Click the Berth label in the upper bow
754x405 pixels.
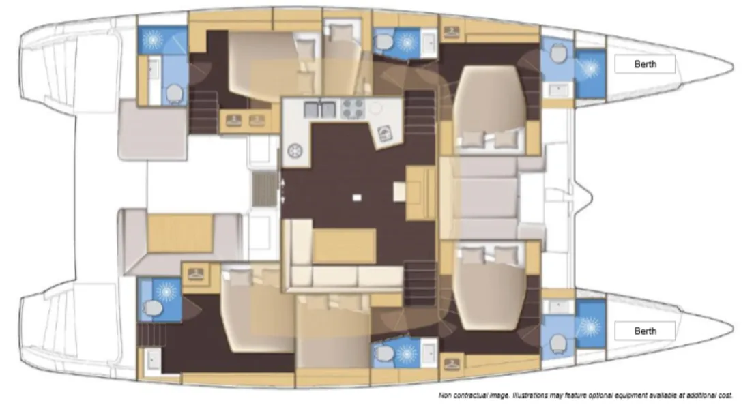(645, 64)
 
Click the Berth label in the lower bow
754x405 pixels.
(645, 331)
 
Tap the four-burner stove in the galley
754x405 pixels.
(353, 108)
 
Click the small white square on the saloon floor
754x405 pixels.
(357, 197)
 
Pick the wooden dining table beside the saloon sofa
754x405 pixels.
(345, 246)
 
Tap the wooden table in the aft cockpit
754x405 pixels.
(180, 233)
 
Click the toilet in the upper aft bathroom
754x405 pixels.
(174, 95)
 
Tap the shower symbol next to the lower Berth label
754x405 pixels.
(590, 327)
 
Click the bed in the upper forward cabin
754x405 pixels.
(489, 110)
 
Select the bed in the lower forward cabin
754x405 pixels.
(489, 286)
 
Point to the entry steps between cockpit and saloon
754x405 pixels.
(265, 189)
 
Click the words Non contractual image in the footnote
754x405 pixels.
(473, 395)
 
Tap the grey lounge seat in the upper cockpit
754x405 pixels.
(152, 130)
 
